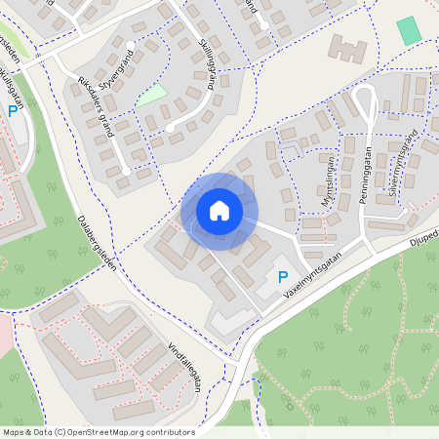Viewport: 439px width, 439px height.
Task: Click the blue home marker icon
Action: pyautogui.click(x=219, y=210)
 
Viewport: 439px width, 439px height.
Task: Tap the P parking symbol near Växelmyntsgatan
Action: pyautogui.click(x=283, y=279)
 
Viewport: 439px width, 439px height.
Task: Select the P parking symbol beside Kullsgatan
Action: pyautogui.click(x=13, y=112)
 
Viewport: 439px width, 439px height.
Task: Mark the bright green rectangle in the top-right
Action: pyautogui.click(x=410, y=30)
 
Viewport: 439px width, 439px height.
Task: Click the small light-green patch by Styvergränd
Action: pyautogui.click(x=151, y=96)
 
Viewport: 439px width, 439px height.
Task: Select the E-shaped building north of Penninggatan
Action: pyautogui.click(x=348, y=49)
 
